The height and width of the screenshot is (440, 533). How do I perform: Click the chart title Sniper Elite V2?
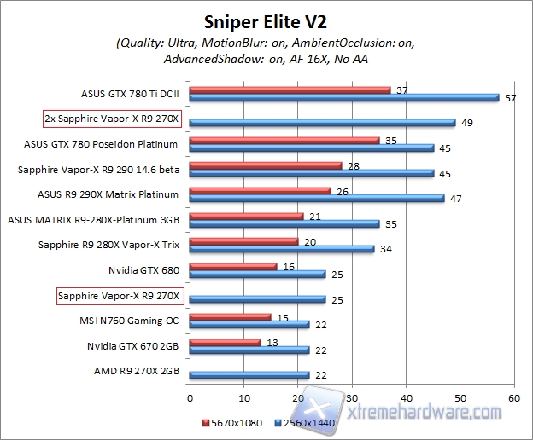[x=266, y=20]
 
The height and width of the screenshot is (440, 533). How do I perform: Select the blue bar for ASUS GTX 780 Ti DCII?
[x=344, y=97]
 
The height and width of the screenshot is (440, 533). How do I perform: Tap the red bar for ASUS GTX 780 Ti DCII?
[x=290, y=90]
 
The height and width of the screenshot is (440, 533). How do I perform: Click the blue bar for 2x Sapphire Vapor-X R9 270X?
[x=322, y=123]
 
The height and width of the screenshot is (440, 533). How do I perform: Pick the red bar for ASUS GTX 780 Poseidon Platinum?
[x=284, y=140]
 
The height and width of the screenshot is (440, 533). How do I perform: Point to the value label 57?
[x=511, y=98]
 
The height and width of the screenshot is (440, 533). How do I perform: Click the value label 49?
[x=467, y=123]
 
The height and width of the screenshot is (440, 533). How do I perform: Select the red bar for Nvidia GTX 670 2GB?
[x=225, y=342]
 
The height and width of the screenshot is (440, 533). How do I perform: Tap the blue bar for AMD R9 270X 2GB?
[x=249, y=375]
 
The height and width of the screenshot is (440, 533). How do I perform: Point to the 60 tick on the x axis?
[x=513, y=397]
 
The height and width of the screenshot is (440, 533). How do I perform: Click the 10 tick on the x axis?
[x=244, y=397]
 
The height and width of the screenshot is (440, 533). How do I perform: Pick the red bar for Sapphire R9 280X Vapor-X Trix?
[x=244, y=241]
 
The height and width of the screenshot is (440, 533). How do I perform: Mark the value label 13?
[x=273, y=342]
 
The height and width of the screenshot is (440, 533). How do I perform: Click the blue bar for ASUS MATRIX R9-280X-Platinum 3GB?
[x=284, y=224]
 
